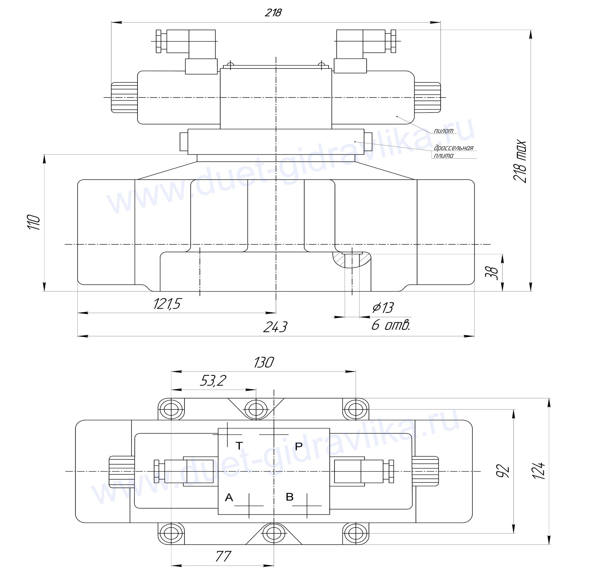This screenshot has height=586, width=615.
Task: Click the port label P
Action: tap(299, 446)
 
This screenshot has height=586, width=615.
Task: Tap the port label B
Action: tap(289, 497)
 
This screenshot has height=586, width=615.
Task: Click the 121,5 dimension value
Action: tap(167, 304)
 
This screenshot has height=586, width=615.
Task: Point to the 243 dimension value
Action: tap(275, 327)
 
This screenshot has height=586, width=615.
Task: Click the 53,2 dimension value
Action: tap(213, 381)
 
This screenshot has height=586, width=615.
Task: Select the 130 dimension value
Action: tap(264, 362)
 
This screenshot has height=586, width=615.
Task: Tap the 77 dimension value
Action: tap(223, 556)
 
